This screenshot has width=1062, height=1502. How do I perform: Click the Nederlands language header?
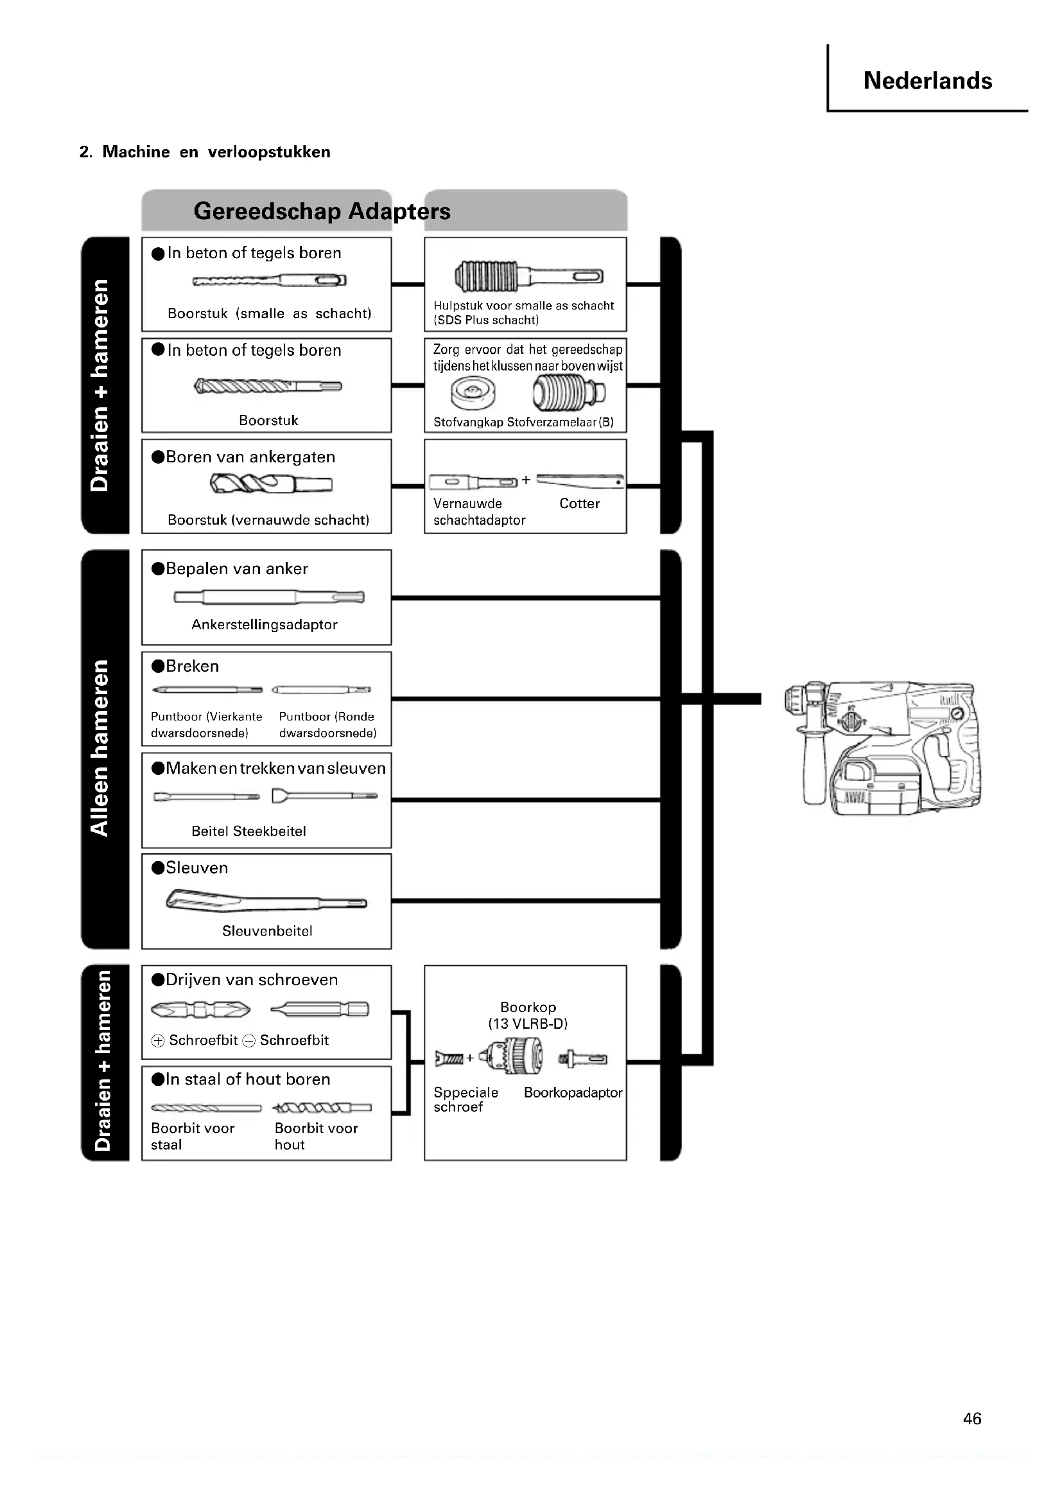pos(927,80)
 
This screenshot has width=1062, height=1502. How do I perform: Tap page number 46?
pos(971,1419)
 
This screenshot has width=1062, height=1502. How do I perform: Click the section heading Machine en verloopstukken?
pos(205,152)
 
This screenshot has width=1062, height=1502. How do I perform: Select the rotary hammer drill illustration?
pos(884,747)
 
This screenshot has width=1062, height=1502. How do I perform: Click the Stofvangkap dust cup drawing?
pos(472,393)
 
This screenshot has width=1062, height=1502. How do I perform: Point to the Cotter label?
pos(579,503)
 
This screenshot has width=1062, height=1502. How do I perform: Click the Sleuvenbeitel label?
pos(267,930)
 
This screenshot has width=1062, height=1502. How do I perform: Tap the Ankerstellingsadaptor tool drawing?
pos(269,597)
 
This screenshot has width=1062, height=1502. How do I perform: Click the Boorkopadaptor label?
pos(573,1092)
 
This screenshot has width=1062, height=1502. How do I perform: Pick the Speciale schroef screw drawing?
pos(449,1058)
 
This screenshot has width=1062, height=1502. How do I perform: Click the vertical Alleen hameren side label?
pos(100,747)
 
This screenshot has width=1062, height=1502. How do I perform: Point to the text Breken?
pos(192,666)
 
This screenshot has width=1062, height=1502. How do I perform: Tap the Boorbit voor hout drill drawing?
pos(322,1108)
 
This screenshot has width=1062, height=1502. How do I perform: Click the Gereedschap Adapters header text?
pos(322,211)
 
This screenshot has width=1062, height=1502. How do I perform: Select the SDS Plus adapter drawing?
pos(528,275)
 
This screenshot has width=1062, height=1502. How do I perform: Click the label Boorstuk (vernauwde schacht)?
pos(268,520)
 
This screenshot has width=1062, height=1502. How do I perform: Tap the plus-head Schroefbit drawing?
pos(200,1009)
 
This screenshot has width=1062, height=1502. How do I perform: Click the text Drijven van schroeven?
pos(252,979)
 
